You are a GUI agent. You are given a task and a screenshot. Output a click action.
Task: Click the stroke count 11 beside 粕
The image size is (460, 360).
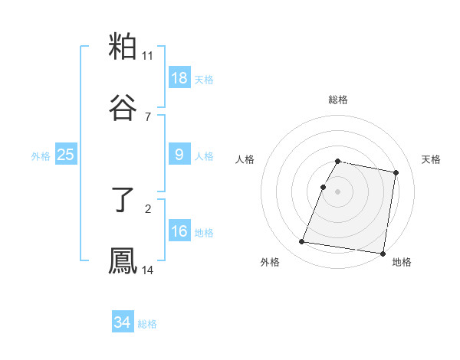(148, 55)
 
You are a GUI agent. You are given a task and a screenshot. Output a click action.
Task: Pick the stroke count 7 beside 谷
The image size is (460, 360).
(148, 116)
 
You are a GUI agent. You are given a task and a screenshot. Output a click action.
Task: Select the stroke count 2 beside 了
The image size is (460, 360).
(148, 208)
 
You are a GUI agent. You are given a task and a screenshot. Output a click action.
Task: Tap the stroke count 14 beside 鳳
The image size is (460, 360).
(148, 270)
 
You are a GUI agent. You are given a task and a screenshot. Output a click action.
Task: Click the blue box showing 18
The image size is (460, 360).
(179, 78)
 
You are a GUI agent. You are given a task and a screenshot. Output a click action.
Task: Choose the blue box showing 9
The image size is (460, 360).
(179, 155)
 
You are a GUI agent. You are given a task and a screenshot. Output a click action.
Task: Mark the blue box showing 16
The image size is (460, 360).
(179, 231)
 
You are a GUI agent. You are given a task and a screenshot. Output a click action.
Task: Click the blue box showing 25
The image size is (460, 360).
(65, 155)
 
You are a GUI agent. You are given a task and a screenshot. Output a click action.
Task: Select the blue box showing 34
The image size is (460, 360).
(122, 322)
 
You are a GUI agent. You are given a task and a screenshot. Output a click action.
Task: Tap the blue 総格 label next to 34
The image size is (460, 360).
(147, 324)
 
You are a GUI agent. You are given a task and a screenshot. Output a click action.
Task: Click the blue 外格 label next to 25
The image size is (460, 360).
(41, 156)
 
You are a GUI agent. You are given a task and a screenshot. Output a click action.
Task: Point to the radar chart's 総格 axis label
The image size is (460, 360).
(338, 100)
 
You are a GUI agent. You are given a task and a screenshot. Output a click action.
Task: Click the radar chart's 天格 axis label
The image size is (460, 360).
(432, 159)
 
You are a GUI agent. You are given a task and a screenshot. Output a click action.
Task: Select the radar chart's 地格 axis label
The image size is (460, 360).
(402, 262)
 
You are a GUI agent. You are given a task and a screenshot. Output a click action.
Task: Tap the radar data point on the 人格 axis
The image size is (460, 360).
(324, 187)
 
